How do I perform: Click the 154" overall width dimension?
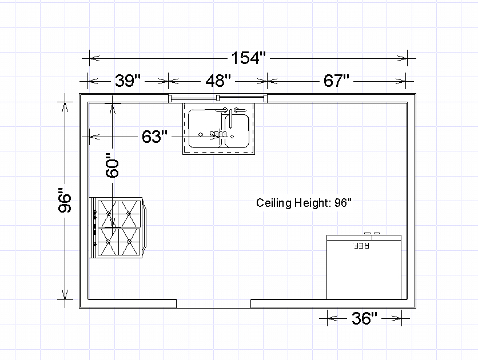(x=249, y=58)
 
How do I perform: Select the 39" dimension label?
(x=128, y=81)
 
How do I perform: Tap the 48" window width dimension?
(x=218, y=81)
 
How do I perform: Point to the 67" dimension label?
(x=336, y=81)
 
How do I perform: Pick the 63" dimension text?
(x=154, y=137)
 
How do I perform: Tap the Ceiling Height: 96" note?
(x=303, y=203)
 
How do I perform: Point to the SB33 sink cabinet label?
(x=218, y=135)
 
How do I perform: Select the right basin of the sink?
(x=237, y=130)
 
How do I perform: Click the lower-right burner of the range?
(x=130, y=242)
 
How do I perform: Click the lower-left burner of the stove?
(x=107, y=242)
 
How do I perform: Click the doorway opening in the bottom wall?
(x=213, y=303)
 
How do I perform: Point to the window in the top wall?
(x=218, y=98)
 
